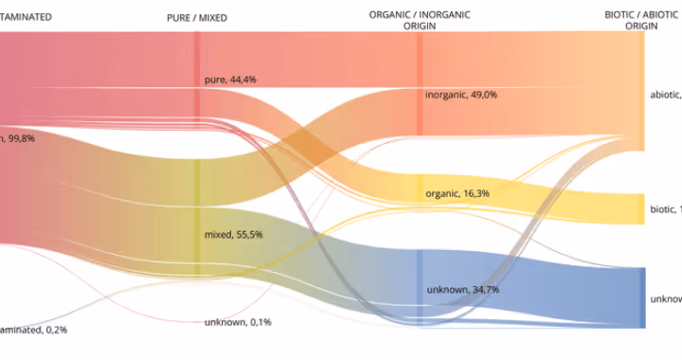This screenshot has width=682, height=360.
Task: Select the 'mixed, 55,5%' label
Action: click(233, 234)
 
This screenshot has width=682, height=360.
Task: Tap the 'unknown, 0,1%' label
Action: click(238, 322)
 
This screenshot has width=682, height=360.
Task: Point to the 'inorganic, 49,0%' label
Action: click(461, 95)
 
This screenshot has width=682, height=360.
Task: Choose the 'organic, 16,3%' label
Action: click(458, 193)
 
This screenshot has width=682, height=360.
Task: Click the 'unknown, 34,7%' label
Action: click(462, 289)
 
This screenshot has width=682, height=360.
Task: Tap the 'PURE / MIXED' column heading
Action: click(197, 18)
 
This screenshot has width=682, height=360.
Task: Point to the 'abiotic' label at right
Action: click(665, 95)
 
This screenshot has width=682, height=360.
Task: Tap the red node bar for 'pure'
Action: click(197, 85)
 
